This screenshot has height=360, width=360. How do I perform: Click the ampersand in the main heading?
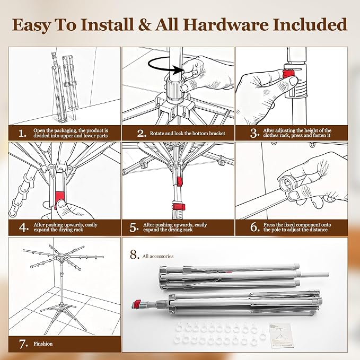[144, 24]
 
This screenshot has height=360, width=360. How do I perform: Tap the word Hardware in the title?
[226, 24]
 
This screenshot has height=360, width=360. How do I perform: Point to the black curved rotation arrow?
[163, 66]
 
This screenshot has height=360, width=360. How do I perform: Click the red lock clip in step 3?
[288, 74]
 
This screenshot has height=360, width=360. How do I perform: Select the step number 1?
[22, 133]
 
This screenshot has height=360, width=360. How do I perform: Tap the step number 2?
[142, 133]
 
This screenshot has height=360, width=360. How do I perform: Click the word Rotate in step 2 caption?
[157, 134]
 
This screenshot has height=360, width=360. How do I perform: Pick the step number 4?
[24, 227]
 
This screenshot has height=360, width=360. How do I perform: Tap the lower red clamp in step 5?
[179, 207]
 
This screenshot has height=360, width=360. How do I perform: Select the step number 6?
[255, 227]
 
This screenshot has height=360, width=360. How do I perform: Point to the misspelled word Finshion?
[43, 344]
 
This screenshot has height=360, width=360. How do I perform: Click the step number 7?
[23, 344]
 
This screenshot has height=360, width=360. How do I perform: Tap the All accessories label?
[158, 256]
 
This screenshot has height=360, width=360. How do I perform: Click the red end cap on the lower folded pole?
[137, 304]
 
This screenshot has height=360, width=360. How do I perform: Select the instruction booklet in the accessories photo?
[281, 335]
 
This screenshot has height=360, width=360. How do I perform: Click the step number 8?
[134, 254]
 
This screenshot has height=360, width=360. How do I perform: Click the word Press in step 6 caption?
[269, 225]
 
